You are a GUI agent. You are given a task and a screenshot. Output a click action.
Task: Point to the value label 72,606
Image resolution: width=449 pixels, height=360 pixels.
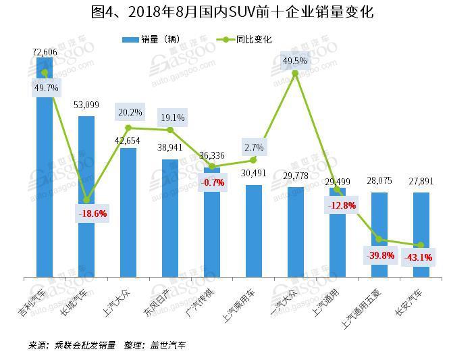coord(45,51)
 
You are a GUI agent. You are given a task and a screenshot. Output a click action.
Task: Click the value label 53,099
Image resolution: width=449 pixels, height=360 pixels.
coord(86,105)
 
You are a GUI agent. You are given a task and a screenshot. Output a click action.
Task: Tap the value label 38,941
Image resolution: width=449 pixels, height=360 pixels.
coord(170,147)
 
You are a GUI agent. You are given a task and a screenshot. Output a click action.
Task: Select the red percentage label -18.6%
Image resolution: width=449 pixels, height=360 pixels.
coord(93,213)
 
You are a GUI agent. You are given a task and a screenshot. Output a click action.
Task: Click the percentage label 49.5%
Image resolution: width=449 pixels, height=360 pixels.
coord(295,61)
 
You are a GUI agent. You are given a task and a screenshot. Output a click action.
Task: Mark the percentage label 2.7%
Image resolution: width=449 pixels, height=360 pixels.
coord(255,147)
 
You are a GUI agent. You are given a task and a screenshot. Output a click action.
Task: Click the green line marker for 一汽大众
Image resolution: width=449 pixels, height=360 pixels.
coord(295,73)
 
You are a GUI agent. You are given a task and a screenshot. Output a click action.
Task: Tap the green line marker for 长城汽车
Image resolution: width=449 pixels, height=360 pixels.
coord(86,200)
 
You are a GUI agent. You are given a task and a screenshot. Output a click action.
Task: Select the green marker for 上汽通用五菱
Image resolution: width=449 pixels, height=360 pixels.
coord(379,239)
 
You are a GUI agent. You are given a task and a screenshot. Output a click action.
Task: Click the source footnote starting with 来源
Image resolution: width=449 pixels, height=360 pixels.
coord(107,345)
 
